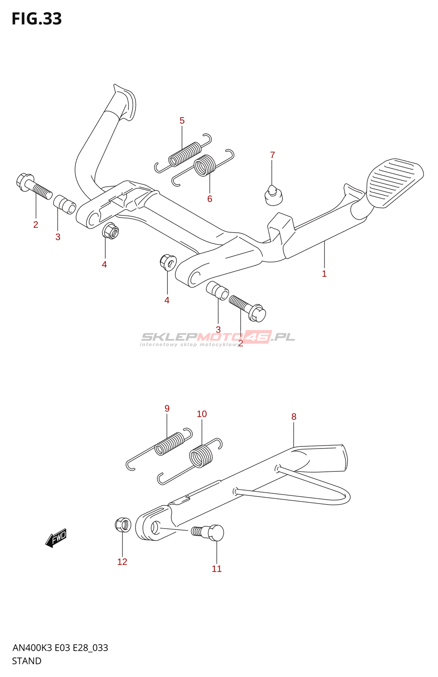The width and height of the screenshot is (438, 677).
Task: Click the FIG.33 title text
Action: (x=37, y=19)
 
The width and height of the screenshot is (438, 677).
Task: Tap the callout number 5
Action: (x=182, y=121)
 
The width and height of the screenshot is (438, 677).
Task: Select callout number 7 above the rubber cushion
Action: (x=272, y=155)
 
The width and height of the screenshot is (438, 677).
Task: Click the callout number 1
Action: (x=324, y=274)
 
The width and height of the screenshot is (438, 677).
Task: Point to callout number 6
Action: (x=210, y=199)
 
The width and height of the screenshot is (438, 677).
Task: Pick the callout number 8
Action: (x=294, y=417)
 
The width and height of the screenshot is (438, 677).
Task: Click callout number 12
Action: (x=122, y=562)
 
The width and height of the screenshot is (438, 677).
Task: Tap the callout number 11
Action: (x=216, y=569)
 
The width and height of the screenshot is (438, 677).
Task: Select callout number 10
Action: (x=202, y=414)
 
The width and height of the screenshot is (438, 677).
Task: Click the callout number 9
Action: (x=167, y=408)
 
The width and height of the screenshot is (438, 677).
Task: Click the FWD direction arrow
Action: (x=56, y=538)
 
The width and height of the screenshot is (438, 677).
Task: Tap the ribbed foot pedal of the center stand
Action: (x=395, y=182)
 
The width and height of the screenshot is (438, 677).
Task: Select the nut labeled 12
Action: (x=123, y=525)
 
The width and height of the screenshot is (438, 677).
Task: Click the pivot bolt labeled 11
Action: (x=209, y=532)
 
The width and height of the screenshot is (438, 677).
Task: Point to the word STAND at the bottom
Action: (x=27, y=661)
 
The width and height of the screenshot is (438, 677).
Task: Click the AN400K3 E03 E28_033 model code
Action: (x=60, y=648)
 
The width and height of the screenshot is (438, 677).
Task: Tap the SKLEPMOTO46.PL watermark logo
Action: (x=217, y=338)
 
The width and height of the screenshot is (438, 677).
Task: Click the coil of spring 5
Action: (x=185, y=154)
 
